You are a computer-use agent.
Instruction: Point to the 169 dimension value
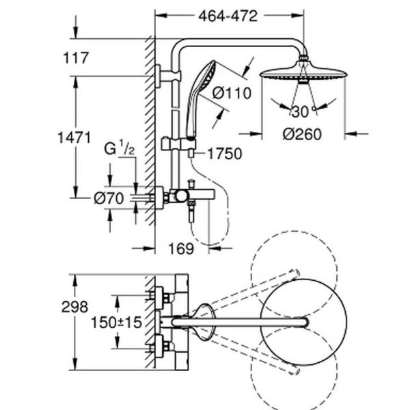pyautogui.click(x=180, y=249)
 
